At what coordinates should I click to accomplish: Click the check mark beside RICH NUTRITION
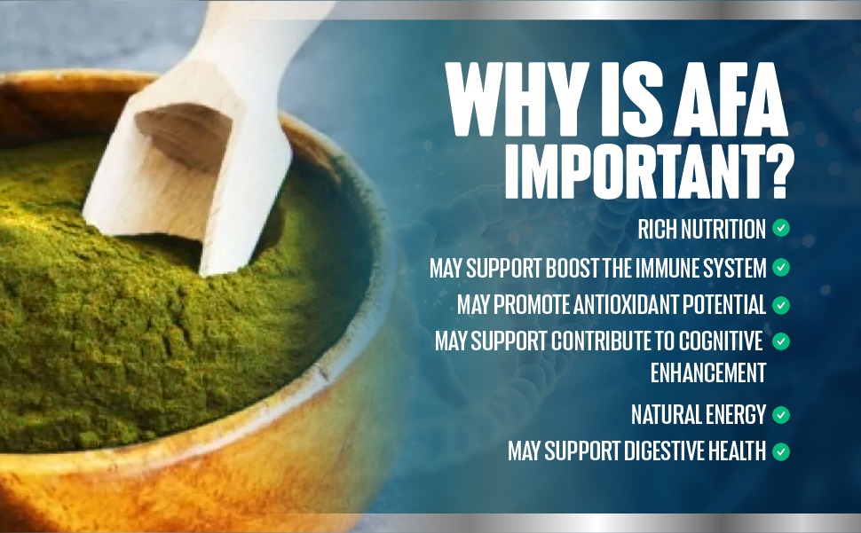point(781,228)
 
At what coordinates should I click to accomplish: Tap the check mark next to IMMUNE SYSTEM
point(781,268)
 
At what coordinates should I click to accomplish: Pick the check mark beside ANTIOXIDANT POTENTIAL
point(781,305)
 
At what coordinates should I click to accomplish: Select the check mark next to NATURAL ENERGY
point(781,415)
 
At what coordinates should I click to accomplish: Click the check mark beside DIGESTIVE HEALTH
point(781,451)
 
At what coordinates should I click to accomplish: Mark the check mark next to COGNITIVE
point(781,341)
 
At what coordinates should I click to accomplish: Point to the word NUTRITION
point(723,229)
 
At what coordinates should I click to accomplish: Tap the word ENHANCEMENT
point(707,372)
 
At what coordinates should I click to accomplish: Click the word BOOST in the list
point(573,268)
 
